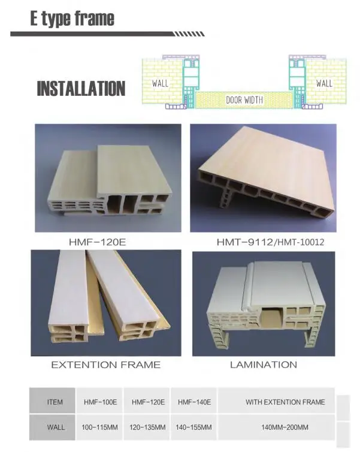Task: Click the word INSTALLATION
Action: [x=81, y=89]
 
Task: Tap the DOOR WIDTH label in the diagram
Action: [x=244, y=100]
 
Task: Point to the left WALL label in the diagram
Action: [x=161, y=83]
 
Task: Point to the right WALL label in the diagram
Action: [x=324, y=83]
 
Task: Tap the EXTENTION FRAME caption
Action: [x=105, y=364]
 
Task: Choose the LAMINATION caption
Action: [x=264, y=364]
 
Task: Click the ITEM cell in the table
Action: [x=55, y=402]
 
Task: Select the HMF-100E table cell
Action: [x=100, y=402]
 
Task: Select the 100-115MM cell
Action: [x=100, y=427]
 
